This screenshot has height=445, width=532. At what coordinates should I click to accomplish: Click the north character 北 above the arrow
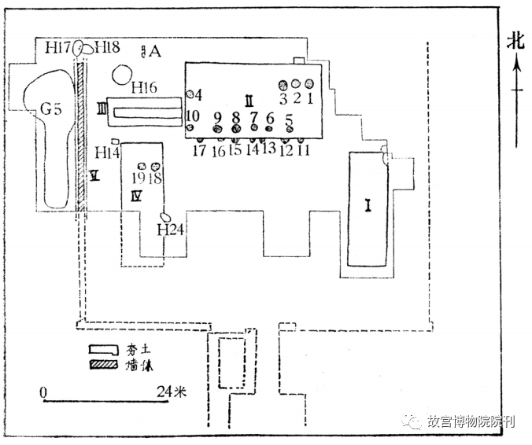(x=515, y=41)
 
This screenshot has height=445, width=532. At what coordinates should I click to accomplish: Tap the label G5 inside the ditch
(x=51, y=109)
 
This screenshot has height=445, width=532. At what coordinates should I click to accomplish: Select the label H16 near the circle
(x=146, y=87)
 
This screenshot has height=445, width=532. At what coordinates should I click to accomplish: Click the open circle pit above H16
(x=122, y=75)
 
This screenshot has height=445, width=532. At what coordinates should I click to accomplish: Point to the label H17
(x=58, y=48)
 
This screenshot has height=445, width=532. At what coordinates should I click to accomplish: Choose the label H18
(x=107, y=48)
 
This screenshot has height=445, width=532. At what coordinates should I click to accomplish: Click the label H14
(x=107, y=152)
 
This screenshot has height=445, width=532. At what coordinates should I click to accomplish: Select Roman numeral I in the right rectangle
(x=368, y=206)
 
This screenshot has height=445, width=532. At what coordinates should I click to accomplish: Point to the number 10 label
(x=192, y=116)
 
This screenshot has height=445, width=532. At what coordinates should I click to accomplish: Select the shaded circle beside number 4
(x=190, y=94)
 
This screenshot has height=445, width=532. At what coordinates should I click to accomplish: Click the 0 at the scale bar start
(x=43, y=392)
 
